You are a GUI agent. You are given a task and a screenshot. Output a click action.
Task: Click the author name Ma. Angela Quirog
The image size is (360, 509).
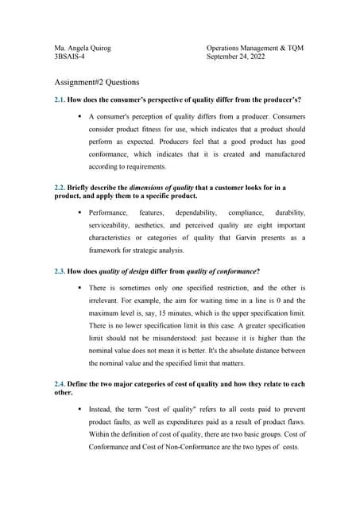(83, 48)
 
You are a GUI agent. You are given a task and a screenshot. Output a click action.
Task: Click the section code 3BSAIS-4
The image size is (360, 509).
(70, 57)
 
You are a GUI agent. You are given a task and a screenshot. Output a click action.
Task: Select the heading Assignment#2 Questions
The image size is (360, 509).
(96, 82)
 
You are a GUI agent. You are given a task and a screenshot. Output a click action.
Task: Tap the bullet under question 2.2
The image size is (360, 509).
(80, 213)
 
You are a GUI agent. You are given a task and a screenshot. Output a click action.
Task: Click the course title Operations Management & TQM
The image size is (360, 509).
(254, 48)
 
